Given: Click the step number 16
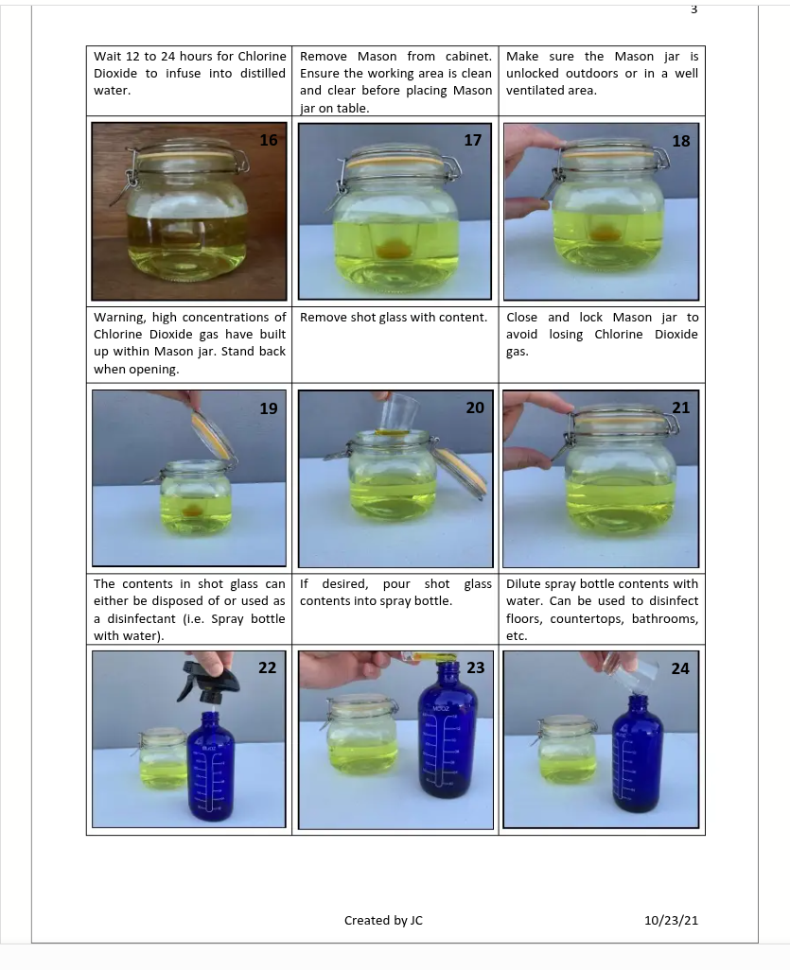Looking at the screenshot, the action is tap(268, 141).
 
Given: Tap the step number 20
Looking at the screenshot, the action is tap(475, 407).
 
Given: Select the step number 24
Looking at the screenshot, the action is tap(680, 668).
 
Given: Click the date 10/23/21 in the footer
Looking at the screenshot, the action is tap(671, 921).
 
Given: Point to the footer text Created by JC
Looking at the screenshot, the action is tap(383, 921).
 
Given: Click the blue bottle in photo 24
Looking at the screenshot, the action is tap(637, 753).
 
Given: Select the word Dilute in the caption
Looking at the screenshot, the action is tap(523, 584).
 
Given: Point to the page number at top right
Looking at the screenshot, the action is tap(694, 9).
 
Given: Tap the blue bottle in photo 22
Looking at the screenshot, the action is tap(210, 766).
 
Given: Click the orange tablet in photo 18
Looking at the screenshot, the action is tap(601, 234).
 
